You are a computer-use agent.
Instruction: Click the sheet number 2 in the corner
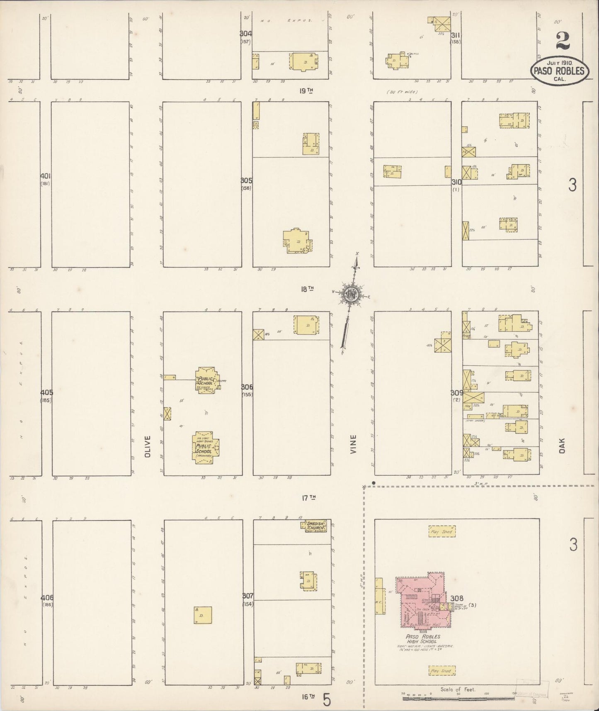click(x=563, y=41)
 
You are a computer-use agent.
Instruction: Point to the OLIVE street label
click(x=148, y=446)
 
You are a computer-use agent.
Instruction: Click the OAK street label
click(x=562, y=446)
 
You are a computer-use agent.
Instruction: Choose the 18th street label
click(x=307, y=290)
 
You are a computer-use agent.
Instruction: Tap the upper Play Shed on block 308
click(x=441, y=531)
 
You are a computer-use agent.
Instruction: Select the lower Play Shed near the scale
click(x=441, y=670)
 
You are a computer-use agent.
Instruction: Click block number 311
click(x=456, y=35)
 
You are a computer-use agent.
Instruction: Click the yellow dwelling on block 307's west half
click(x=203, y=615)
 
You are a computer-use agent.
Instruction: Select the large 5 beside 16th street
click(x=327, y=701)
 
